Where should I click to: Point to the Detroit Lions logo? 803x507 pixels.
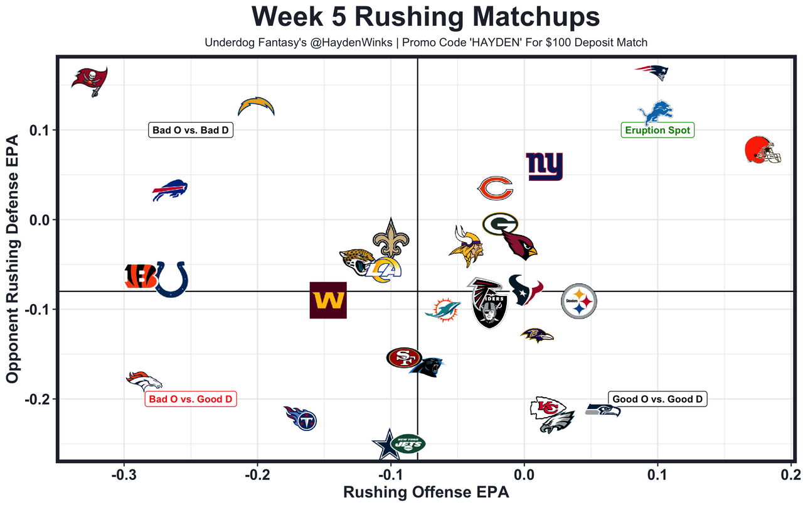point(656,112)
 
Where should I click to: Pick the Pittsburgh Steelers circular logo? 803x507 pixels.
point(578,301)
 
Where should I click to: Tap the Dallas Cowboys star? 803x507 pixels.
point(384,445)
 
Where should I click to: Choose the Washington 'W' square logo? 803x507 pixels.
point(328,300)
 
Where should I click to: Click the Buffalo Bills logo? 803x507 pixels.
point(170,190)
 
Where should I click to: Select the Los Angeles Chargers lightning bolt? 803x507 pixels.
point(257,106)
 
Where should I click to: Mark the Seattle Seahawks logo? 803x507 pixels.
point(603,410)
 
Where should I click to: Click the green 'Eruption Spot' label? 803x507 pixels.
point(657,131)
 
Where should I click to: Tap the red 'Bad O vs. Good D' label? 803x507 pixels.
point(191,400)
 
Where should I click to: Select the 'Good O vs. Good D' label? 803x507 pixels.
point(657,399)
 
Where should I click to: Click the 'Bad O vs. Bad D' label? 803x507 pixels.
point(191,131)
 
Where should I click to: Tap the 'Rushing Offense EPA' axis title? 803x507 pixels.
point(425,493)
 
